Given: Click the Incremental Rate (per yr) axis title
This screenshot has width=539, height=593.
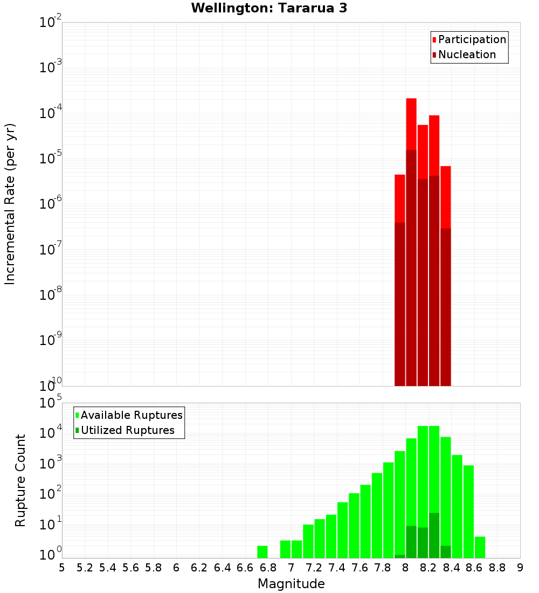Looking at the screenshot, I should pyautogui.click(x=10, y=204).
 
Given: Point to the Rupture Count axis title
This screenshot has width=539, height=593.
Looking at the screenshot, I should pyautogui.click(x=20, y=480).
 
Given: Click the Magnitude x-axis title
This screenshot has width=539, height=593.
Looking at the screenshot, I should pyautogui.click(x=291, y=584).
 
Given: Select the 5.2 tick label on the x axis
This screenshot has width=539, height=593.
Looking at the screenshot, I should pyautogui.click(x=85, y=568).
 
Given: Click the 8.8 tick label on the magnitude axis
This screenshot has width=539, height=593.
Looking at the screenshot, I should pyautogui.click(x=497, y=568).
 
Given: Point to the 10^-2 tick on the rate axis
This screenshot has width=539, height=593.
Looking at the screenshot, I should pyautogui.click(x=51, y=23).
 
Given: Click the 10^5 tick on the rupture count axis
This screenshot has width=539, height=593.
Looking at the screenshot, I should pyautogui.click(x=51, y=403).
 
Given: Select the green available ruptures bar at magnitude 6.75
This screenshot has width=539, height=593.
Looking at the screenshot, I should pyautogui.click(x=262, y=552).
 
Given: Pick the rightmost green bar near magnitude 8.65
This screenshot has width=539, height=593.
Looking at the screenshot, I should pyautogui.click(x=480, y=547).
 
